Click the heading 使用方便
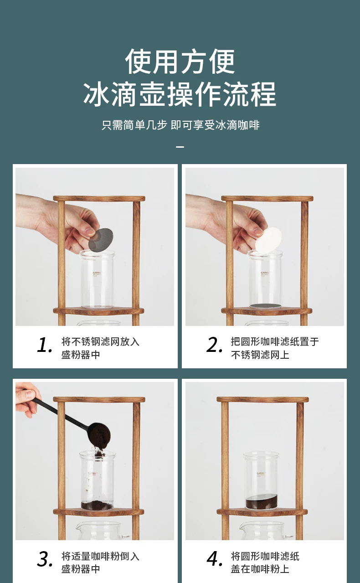[x=180, y=62]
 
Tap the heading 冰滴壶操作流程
[x=180, y=94]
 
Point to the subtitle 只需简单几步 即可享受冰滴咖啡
[x=180, y=125]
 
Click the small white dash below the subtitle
[x=180, y=147]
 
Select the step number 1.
[x=44, y=345]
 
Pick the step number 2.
[x=214, y=345]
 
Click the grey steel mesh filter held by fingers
[x=101, y=240]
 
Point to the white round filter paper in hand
[x=268, y=239]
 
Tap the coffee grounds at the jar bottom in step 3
[x=97, y=506]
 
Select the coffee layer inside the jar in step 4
[x=262, y=501]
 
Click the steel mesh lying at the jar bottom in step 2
[x=265, y=306]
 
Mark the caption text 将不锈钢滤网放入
[x=100, y=342]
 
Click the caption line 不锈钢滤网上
[x=260, y=355]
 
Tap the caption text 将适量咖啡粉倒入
[x=100, y=556]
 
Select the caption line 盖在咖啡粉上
[x=260, y=569]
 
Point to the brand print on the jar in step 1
[x=97, y=274]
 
